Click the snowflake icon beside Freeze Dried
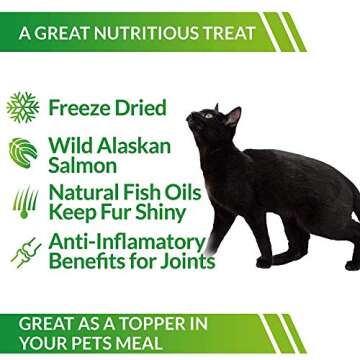(x=23, y=107)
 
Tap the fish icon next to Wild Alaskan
(x=23, y=152)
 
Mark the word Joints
(x=188, y=262)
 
